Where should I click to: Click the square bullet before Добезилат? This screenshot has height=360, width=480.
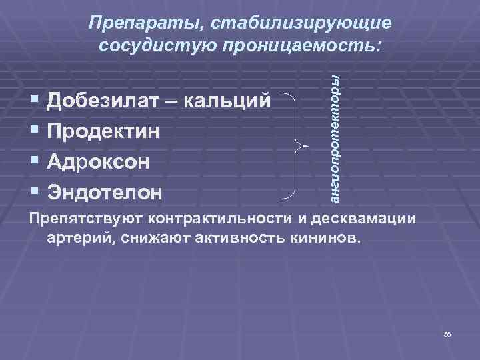34,101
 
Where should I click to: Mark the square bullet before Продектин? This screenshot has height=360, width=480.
34,131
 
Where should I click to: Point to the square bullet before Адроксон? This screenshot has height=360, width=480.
34,162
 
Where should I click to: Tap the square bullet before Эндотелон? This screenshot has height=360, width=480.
34,193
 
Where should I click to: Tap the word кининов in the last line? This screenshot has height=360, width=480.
327,239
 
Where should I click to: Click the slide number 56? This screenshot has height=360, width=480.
447,334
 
